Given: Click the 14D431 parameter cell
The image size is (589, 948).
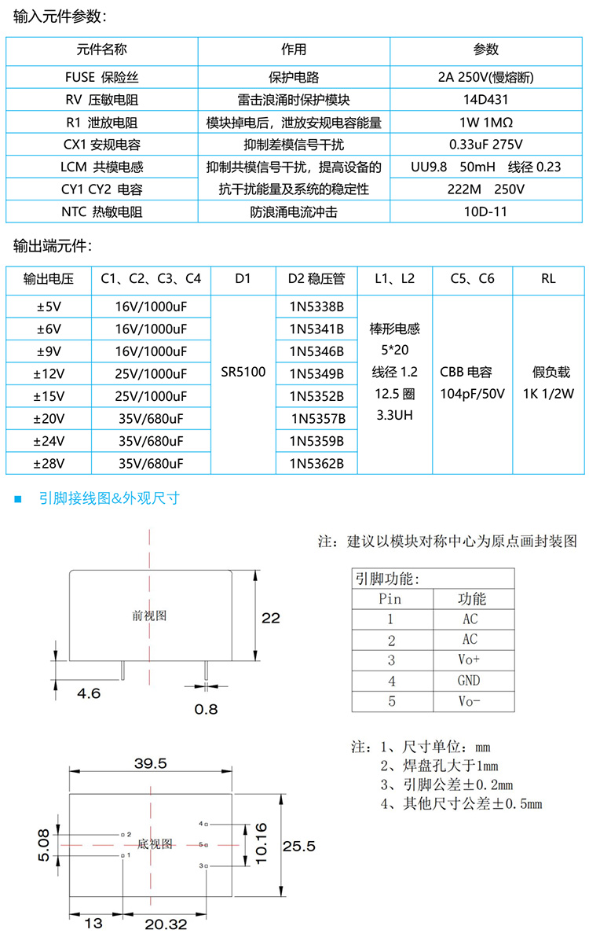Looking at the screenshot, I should pos(486,100).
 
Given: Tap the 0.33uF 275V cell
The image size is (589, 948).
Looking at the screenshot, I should pos(486,145).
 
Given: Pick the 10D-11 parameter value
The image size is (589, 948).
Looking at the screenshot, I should pos(486,211).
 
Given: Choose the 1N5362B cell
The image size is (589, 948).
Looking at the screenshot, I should pos(316,463).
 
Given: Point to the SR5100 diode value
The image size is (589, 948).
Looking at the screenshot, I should pos(242,373).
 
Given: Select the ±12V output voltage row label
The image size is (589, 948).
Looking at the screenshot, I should pos(49,373).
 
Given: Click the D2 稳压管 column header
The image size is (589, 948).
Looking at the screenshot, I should pos(316,278).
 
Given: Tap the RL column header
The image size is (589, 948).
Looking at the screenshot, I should pos(548,278).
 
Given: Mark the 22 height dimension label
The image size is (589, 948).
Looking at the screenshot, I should pos(270,619).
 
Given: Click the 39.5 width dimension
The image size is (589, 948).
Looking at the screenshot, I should pos(151,764).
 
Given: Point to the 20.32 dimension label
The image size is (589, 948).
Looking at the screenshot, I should pos(166,925).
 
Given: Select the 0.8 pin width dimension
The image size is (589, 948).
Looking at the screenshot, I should pos(207,709).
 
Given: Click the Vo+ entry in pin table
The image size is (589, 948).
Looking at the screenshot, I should pos(470,660).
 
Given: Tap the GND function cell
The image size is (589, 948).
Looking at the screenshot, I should pos(470,681).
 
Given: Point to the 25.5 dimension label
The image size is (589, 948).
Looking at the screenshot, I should pos(299,846).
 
